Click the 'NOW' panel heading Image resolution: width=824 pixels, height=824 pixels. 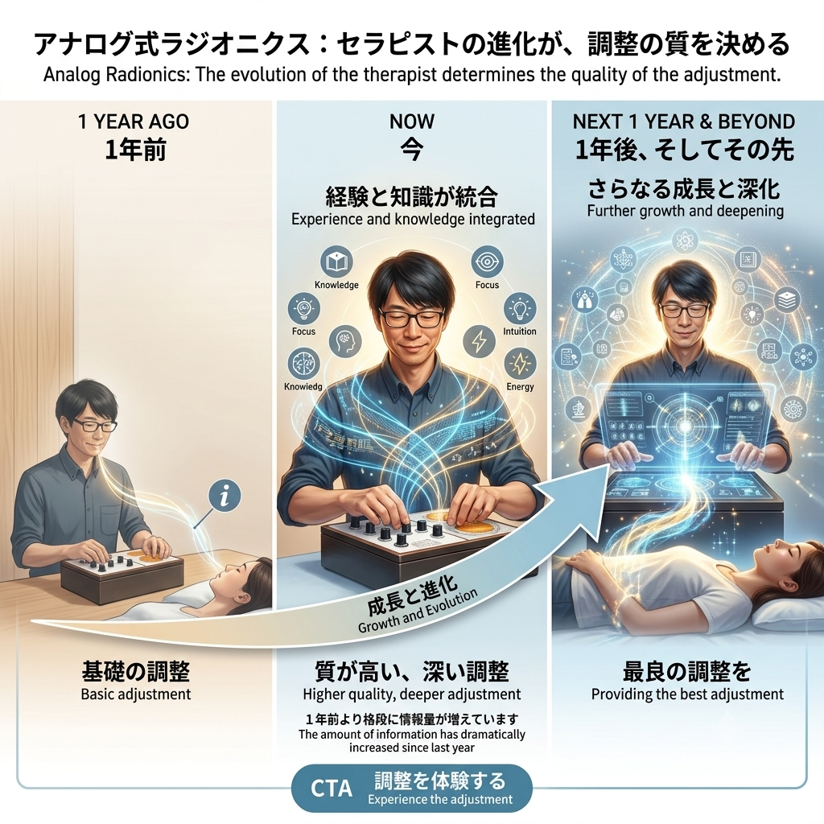tap(412, 122)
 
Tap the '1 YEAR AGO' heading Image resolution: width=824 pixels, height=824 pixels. tap(134, 122)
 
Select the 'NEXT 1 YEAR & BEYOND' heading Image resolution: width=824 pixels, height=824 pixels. tap(683, 122)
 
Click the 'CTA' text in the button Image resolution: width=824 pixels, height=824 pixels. tap(331, 789)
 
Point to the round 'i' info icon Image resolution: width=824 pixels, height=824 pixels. tap(225, 495)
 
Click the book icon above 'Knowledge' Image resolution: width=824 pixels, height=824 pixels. tap(336, 262)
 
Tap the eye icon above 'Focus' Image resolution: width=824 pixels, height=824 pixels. tap(487, 262)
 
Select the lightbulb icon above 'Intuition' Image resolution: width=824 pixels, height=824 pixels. tap(520, 308)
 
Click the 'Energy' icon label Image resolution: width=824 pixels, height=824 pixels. tap(520, 387)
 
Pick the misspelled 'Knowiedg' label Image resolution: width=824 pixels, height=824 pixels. tap(303, 387)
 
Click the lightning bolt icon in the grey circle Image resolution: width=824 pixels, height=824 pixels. tap(480, 341)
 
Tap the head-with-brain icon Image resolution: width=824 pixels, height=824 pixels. tap(345, 341)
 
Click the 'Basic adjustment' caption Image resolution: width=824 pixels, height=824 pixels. tap(135, 694)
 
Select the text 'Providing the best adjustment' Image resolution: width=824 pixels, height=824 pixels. tap(687, 694)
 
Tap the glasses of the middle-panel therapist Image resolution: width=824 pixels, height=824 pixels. tap(411, 317)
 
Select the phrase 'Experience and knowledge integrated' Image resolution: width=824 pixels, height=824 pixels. tap(413, 219)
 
